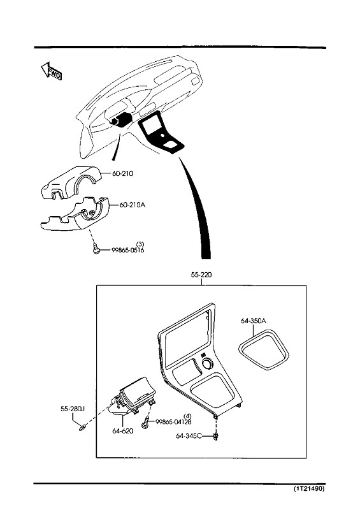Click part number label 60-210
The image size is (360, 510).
122,173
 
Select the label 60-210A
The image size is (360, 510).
133,205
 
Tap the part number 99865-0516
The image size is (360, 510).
128,250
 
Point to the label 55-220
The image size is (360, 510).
201,275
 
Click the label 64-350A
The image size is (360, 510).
254,321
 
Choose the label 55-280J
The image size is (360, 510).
73,409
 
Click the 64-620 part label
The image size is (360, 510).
122,431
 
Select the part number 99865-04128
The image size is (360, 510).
173,422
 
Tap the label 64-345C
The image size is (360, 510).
189,436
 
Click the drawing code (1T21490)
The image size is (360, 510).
309,488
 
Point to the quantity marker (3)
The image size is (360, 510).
140,244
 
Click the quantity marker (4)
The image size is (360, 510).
187,416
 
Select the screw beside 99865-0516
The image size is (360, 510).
96,249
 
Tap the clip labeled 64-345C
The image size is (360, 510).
215,436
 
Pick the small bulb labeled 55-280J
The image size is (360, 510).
83,427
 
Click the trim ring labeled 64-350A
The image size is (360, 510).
264,350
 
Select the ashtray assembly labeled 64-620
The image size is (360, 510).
132,397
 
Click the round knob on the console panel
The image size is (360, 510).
208,363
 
